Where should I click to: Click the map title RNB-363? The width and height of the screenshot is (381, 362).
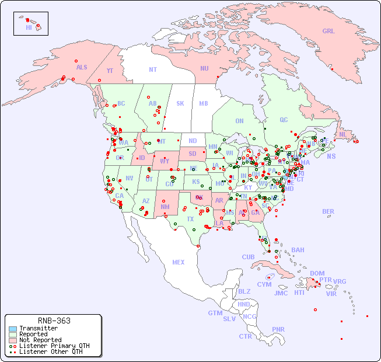click(54, 321)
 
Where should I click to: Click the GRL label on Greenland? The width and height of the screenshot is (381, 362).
click(328, 31)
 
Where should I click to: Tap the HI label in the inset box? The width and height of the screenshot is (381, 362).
click(29, 27)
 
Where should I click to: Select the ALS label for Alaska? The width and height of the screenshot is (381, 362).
click(82, 67)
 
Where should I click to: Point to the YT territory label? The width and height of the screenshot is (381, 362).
click(110, 70)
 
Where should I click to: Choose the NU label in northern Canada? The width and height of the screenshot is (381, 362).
click(204, 68)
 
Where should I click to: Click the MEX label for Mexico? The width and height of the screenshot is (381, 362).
click(179, 262)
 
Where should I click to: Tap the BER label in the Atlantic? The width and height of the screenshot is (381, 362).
click(328, 211)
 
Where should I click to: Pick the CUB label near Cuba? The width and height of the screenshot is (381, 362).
click(249, 257)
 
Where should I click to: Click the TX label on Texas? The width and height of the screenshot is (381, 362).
click(190, 219)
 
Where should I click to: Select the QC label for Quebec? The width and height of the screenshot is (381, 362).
click(284, 120)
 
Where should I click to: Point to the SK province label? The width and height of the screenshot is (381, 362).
click(180, 103)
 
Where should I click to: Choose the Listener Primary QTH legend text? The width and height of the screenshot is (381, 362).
click(54, 346)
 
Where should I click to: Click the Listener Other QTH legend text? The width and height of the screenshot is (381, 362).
click(51, 351)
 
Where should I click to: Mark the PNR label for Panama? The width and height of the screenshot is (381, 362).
click(278, 329)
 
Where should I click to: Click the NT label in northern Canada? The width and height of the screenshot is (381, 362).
click(153, 69)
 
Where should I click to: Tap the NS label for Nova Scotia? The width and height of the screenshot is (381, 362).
click(331, 156)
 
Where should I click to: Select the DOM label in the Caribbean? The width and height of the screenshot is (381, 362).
click(317, 273)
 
